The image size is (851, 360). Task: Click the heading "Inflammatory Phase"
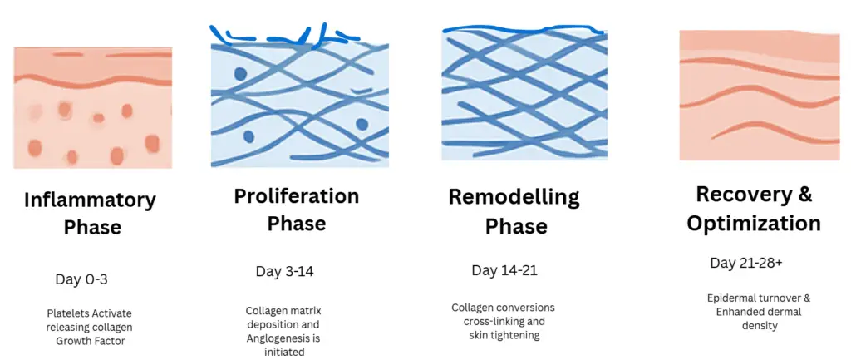click(x=90, y=214)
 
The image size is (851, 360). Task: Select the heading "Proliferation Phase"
click(x=297, y=210)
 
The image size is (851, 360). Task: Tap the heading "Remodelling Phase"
click(x=514, y=211)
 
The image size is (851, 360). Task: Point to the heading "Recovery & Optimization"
click(x=754, y=209)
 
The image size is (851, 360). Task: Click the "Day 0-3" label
click(x=81, y=279)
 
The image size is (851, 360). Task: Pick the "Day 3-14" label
click(x=284, y=272)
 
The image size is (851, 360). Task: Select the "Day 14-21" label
click(x=504, y=270)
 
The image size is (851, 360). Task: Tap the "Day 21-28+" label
click(x=746, y=263)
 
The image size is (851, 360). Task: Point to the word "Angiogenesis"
click(x=277, y=338)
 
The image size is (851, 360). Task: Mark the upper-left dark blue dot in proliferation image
click(x=240, y=74)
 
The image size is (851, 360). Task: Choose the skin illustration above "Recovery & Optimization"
click(x=760, y=96)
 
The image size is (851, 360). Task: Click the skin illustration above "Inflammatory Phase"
click(x=93, y=107)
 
